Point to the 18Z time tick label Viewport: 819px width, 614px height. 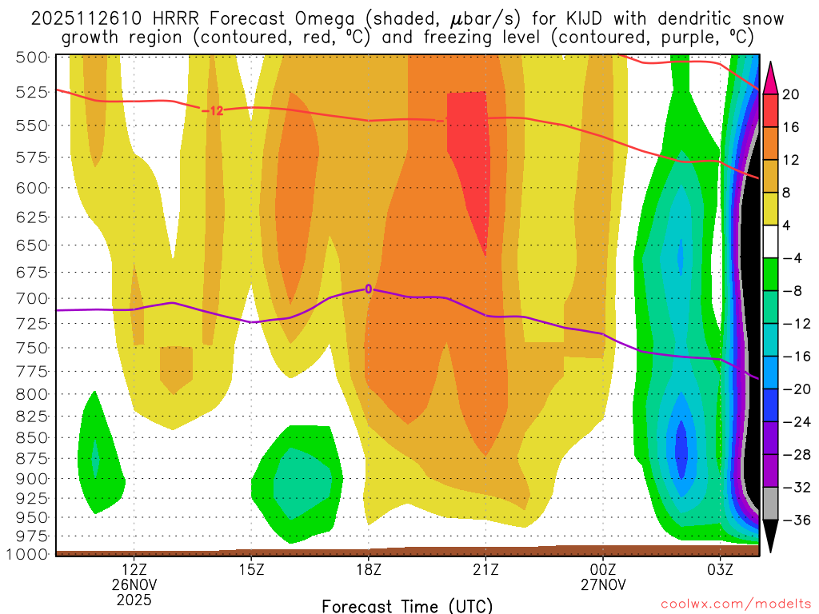coord(369,569)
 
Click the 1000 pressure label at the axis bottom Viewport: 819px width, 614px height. coord(28,554)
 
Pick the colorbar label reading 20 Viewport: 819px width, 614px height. coord(791,94)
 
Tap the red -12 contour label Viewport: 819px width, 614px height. coord(212,110)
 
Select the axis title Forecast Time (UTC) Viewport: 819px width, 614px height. coord(407,605)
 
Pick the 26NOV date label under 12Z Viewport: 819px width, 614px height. coord(134,584)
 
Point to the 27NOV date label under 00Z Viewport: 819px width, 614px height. coord(603,584)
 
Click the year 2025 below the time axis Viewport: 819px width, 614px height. coord(134,598)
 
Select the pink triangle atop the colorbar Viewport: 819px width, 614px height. coord(771,78)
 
